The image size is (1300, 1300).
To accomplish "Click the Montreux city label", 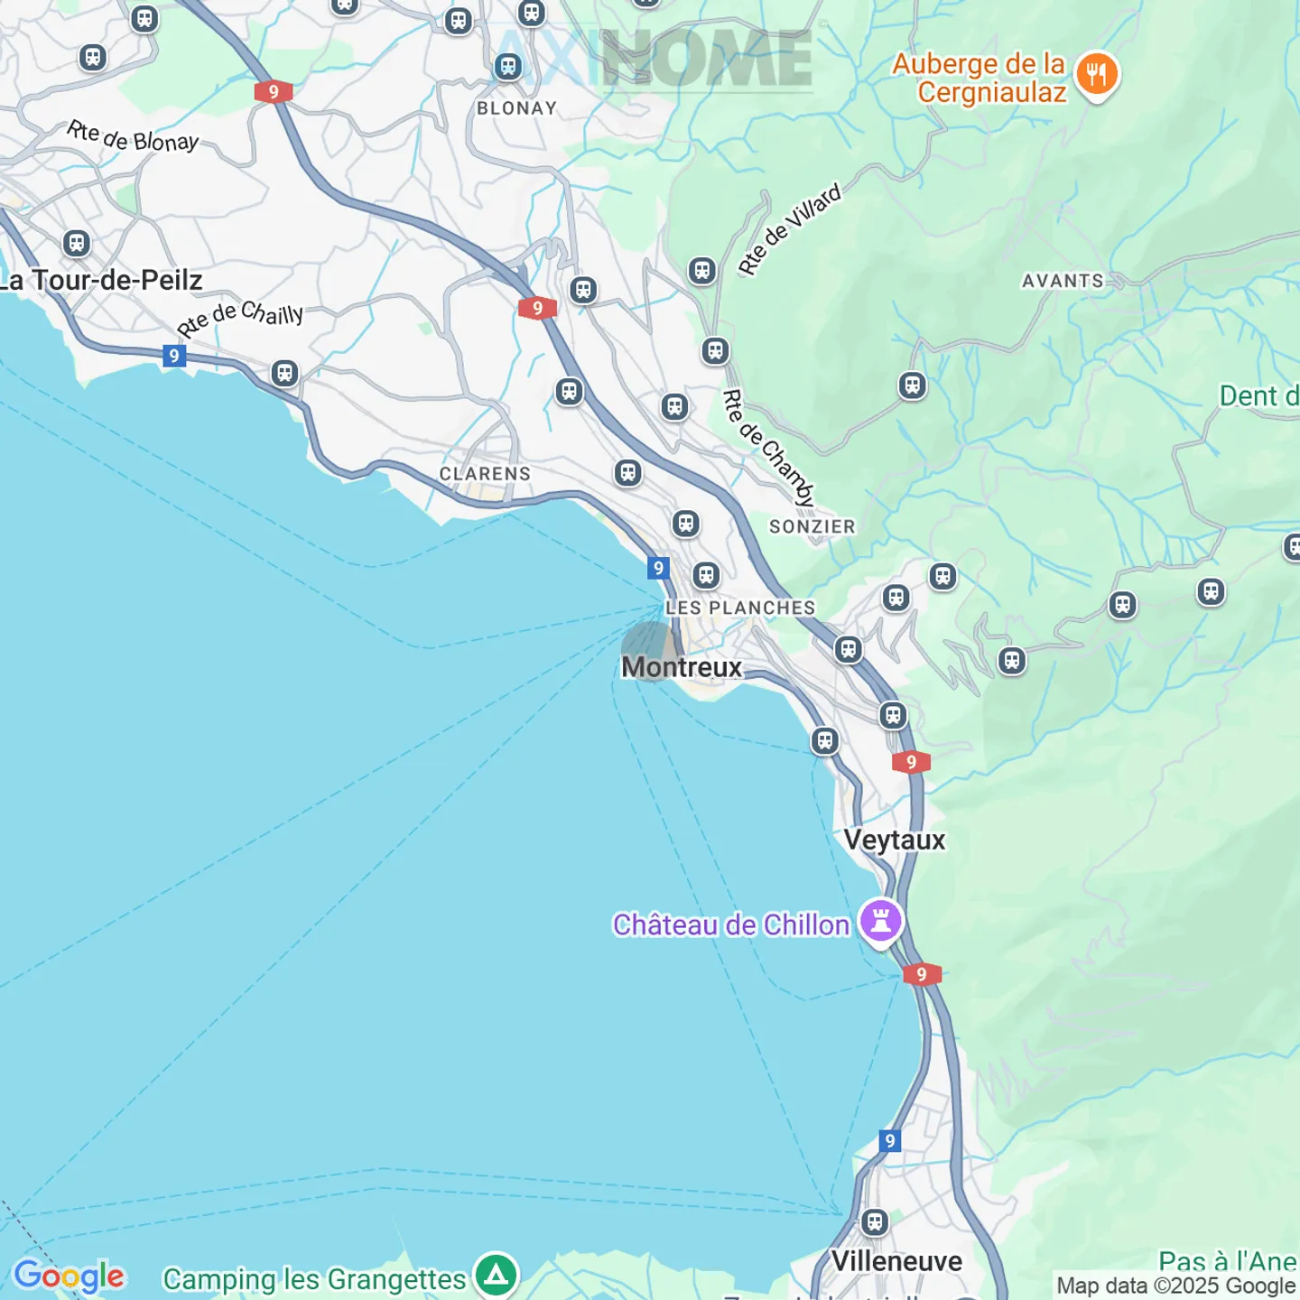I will tap(682, 667).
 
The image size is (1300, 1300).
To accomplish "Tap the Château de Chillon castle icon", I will tap(881, 922).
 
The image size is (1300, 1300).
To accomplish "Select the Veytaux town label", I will tap(895, 840).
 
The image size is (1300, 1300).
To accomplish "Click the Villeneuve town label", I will tap(896, 1261).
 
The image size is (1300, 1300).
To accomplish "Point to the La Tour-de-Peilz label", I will tap(101, 280).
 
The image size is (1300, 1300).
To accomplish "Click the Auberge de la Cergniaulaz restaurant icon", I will tap(1097, 75).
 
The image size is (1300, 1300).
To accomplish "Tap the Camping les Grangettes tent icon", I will tap(496, 1276).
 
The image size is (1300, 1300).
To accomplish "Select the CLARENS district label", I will tap(485, 474).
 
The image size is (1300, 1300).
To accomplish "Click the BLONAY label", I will tap(516, 108).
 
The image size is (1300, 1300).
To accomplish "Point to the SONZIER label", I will tap(812, 526).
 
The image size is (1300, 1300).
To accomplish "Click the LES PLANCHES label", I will tap(740, 608).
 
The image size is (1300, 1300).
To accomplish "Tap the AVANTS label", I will tap(1063, 281).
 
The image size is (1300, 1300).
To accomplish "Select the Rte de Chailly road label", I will tap(240, 318).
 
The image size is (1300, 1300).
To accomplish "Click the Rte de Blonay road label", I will tap(133, 137).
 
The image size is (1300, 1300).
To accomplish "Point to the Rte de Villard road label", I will tap(789, 228).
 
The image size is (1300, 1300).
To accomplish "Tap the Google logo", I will tap(70, 1277).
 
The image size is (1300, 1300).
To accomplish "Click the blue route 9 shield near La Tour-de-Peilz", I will tap(174, 356).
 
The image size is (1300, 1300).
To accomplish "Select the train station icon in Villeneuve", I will tap(874, 1222).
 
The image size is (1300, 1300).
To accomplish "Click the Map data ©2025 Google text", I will tap(1175, 1286).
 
